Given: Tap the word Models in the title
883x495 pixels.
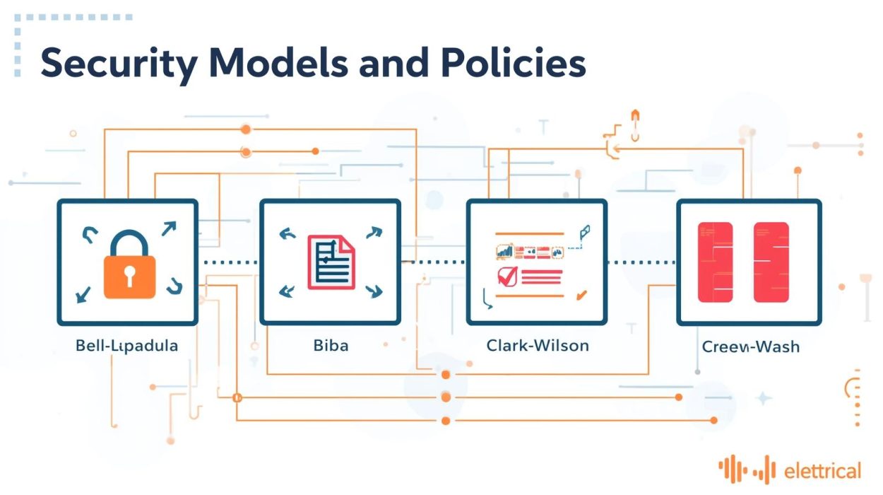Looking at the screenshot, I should [289, 64].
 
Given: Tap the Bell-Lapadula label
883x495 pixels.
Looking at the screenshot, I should [126, 346].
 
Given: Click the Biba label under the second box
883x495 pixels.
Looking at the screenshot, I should [331, 346].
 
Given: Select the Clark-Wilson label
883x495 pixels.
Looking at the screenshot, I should [538, 346].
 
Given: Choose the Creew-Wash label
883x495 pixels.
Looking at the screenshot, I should [750, 347].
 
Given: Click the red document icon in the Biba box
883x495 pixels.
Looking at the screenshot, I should [331, 262].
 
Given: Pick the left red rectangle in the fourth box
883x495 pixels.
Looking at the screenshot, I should [715, 262].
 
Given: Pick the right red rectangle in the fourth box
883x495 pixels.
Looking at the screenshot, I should [771, 262].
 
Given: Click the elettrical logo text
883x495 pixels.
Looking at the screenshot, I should [822, 470].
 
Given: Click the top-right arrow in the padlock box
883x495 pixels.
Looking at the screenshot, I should [169, 228].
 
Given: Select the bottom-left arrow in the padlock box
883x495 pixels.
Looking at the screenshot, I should [83, 293].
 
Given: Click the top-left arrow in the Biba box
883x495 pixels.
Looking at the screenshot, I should [288, 234].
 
